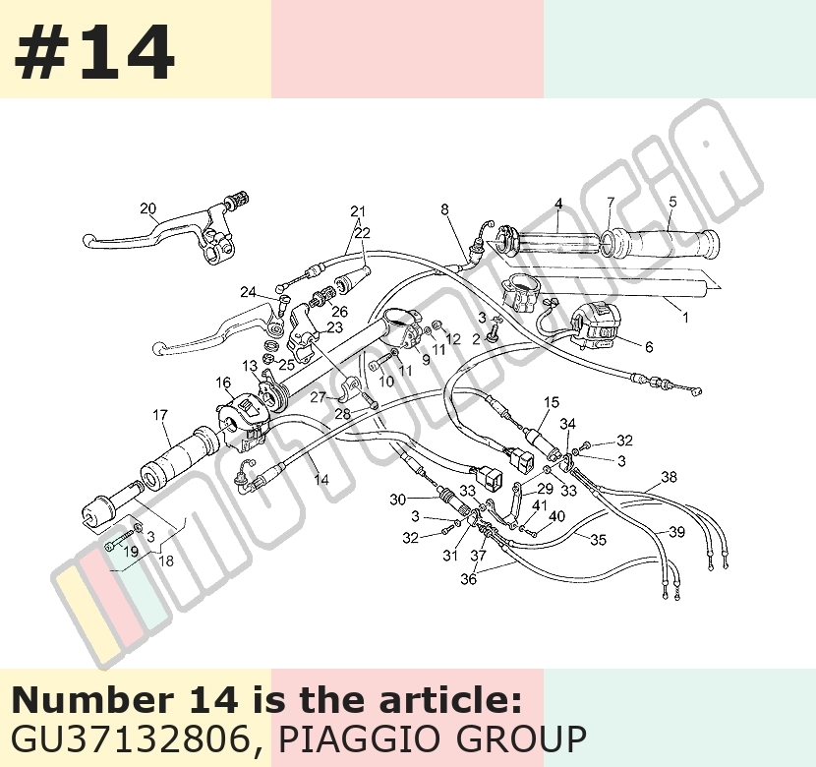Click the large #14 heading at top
point(94,52)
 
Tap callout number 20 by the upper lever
point(148,208)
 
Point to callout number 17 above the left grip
point(160,415)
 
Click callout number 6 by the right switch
point(649,346)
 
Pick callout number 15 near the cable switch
point(552,402)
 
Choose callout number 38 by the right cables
point(670,476)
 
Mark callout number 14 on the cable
point(321,479)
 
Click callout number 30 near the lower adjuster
point(397,500)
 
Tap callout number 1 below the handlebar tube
point(685,317)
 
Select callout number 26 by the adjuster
point(339,312)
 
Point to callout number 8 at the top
point(444,209)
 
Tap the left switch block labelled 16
point(243,418)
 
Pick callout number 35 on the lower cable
point(599,540)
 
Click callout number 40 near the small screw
point(556,516)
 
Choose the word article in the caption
point(450,700)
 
